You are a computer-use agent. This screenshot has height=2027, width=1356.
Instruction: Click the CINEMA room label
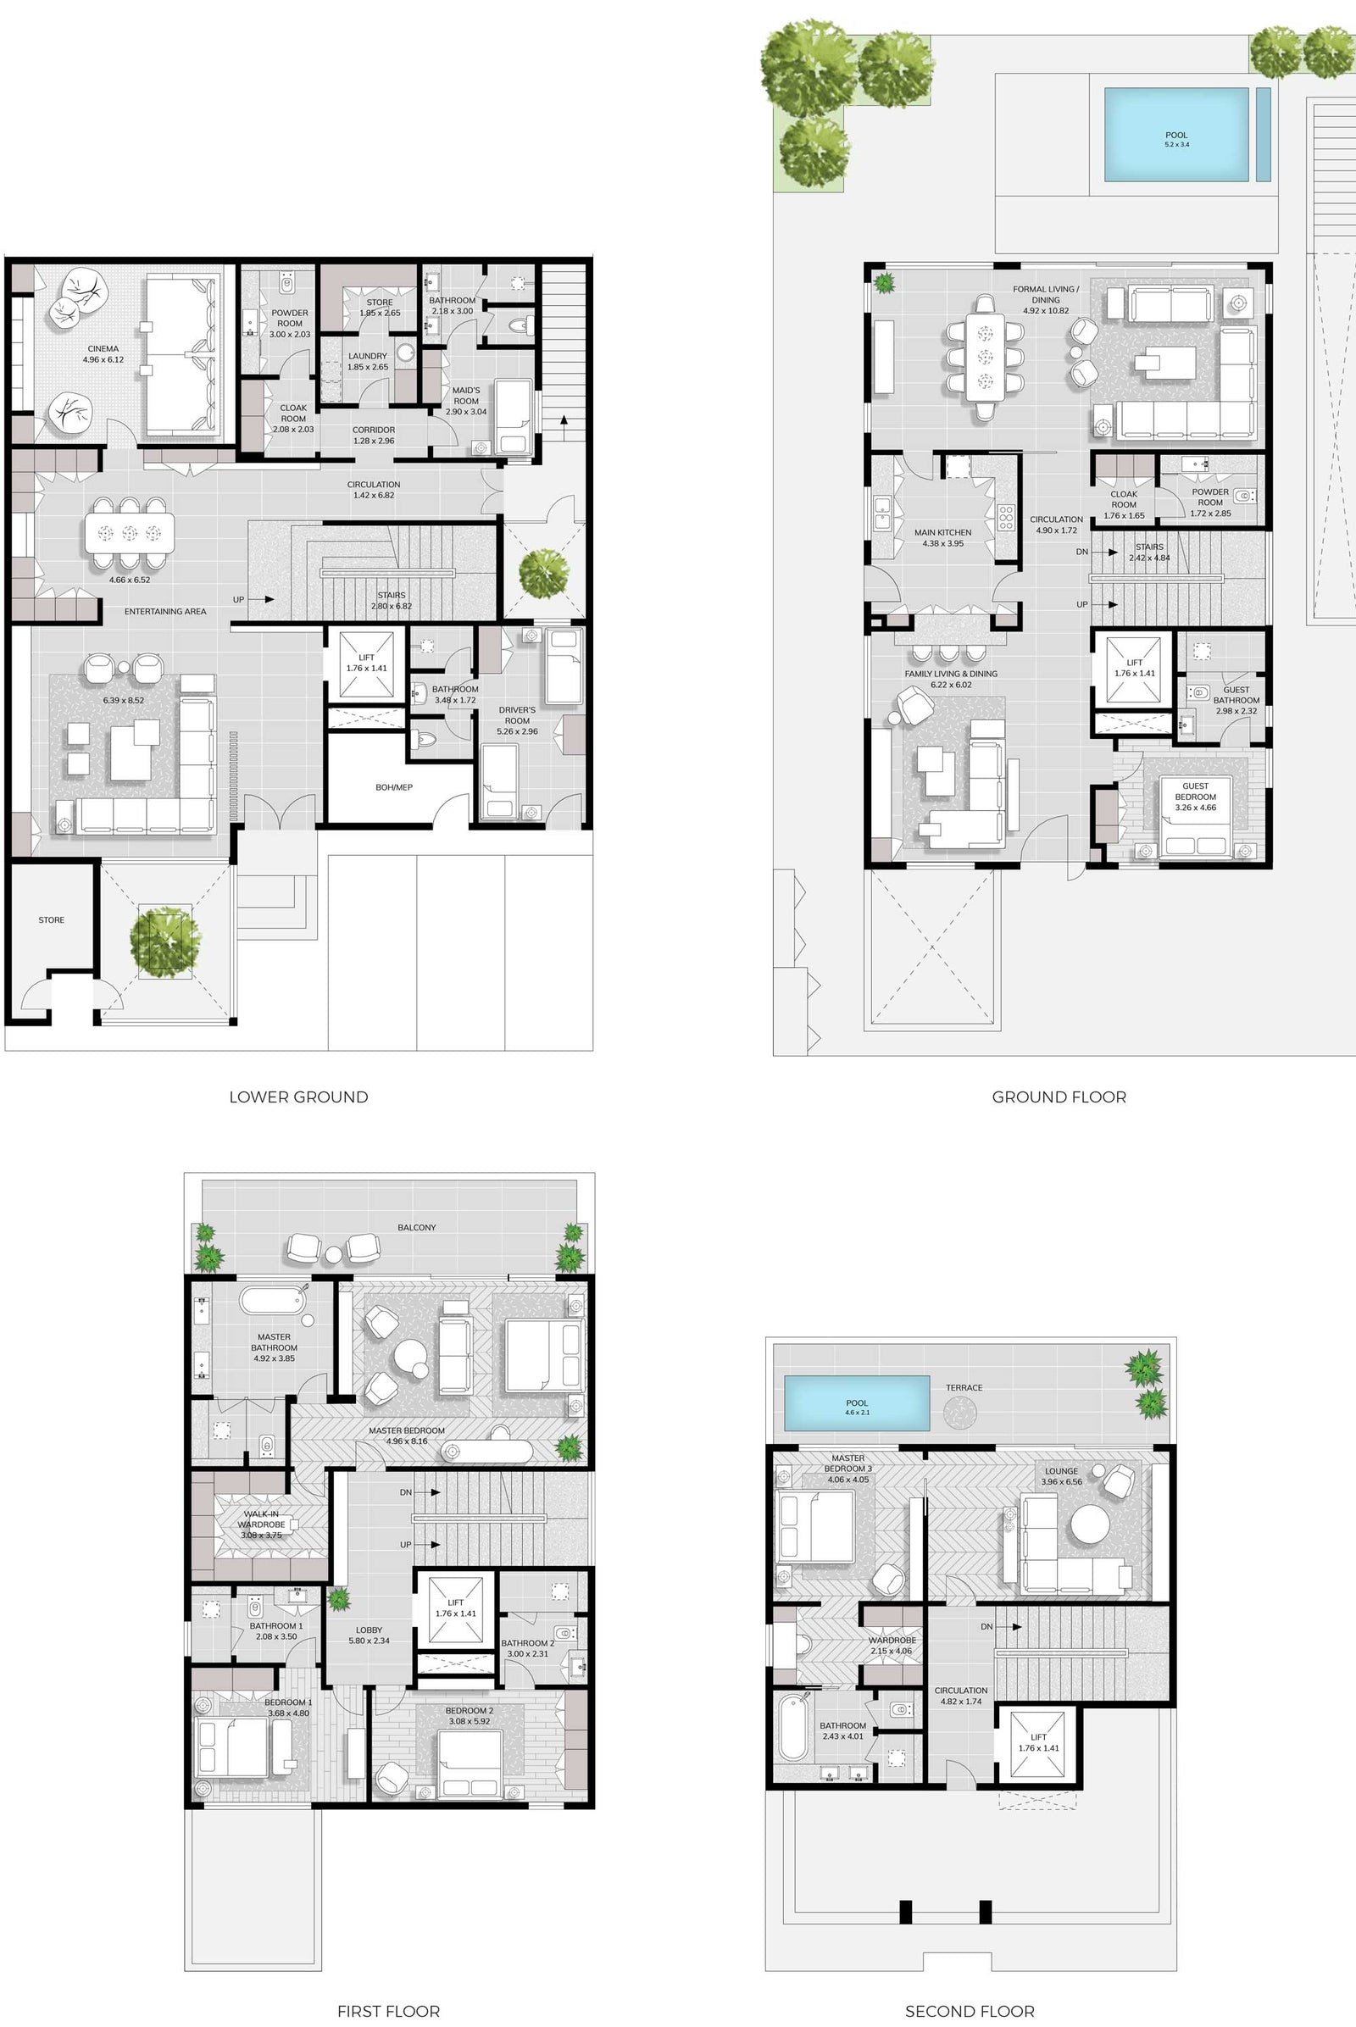tap(103, 348)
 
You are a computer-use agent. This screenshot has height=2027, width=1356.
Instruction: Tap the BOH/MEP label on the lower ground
tap(394, 787)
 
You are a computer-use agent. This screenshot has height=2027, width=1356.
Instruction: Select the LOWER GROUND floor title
tap(298, 1097)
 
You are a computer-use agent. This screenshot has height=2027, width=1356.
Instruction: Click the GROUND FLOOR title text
tap(1059, 1097)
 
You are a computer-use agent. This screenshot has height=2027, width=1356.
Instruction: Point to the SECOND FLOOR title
tap(970, 2012)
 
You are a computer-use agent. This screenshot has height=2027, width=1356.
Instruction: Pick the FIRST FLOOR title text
tap(388, 2012)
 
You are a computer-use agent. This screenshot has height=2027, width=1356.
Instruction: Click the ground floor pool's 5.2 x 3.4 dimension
tap(1176, 144)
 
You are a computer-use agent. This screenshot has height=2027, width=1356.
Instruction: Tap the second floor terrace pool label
tap(857, 1402)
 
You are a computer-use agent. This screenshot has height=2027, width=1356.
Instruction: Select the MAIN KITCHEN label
tap(942, 533)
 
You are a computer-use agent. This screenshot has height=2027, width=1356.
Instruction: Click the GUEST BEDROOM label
tap(1195, 791)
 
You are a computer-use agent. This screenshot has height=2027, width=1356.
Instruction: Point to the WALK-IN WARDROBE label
tap(261, 1519)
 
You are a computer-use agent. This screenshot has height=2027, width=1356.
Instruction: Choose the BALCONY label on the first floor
tap(417, 1227)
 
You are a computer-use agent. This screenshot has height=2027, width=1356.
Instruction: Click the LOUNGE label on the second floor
tap(1061, 1471)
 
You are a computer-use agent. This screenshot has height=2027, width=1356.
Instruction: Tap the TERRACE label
tap(964, 1387)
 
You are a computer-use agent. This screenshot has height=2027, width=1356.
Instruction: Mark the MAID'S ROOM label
tap(466, 395)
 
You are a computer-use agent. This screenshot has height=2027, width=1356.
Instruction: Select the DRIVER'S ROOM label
tap(517, 715)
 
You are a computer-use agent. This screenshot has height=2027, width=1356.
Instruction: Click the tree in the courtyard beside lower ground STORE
tap(164, 941)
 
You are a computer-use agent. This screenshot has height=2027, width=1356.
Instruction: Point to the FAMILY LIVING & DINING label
tap(950, 674)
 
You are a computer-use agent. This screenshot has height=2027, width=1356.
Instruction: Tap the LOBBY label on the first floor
tap(370, 1630)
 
